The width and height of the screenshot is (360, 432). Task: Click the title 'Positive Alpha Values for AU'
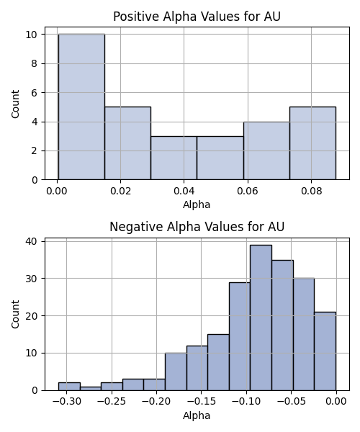197,17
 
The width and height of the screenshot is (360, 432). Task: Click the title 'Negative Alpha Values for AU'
197,227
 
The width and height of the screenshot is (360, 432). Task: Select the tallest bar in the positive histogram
81,107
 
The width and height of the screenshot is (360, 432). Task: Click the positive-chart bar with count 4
266,150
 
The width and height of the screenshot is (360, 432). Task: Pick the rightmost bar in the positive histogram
313,143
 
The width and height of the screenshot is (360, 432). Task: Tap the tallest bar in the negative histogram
261,318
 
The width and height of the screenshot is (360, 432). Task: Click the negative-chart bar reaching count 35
283,325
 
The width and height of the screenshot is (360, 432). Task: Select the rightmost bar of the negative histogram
325,351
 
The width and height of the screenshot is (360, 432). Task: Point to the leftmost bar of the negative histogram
69,387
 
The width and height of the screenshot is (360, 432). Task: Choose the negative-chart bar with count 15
218,362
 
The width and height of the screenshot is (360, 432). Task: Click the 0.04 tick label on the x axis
184,191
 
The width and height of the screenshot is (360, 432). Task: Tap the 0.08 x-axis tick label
311,191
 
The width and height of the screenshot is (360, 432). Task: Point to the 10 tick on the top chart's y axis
32,35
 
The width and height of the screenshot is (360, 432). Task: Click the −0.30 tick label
67,402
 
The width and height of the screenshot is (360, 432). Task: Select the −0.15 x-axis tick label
201,402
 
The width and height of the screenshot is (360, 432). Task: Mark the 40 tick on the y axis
32,241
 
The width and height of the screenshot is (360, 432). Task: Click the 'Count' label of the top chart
15,104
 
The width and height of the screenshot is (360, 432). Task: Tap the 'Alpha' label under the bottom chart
197,415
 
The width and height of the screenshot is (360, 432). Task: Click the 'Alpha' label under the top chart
197,204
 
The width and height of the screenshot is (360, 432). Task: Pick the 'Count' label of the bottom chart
15,314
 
